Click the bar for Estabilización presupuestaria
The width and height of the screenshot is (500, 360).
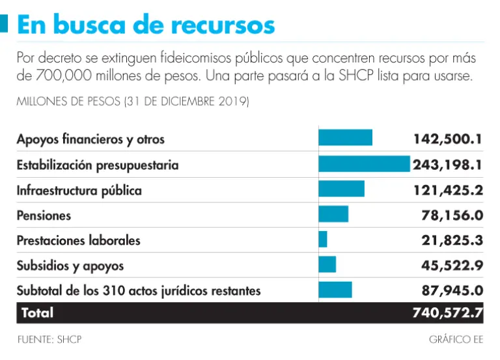click(x=364, y=164)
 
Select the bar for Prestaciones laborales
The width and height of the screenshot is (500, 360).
click(x=323, y=240)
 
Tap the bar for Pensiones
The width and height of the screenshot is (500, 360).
click(x=333, y=214)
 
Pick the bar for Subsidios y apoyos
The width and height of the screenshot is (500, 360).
click(x=327, y=264)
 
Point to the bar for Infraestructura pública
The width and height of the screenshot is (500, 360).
click(x=341, y=189)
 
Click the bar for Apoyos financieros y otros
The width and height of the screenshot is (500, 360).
click(x=345, y=138)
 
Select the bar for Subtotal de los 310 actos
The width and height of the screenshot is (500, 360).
click(x=335, y=290)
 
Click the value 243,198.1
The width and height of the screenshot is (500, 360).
click(x=447, y=165)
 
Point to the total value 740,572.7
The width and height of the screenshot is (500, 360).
click(x=447, y=313)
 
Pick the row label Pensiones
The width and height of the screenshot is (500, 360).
click(x=44, y=215)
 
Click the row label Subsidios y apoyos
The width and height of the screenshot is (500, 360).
click(x=70, y=266)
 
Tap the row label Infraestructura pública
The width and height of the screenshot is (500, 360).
click(x=79, y=190)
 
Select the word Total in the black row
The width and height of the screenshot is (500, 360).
click(x=37, y=313)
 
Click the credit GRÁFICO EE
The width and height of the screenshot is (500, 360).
click(x=456, y=340)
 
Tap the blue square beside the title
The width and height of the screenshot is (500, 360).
click(x=4, y=24)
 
